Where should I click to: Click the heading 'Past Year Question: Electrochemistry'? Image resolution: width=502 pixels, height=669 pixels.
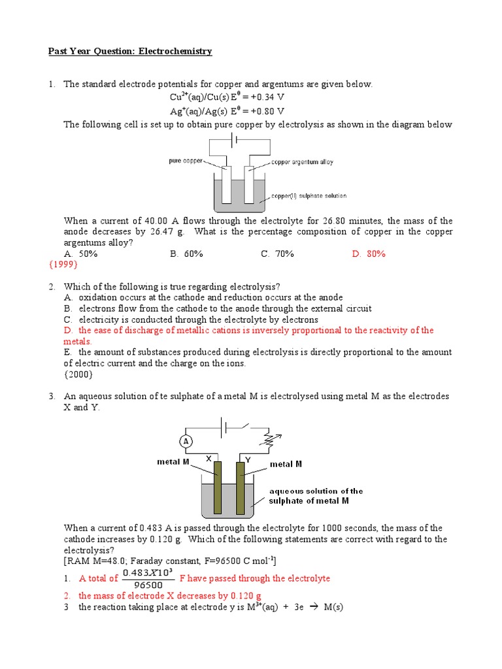tap(131, 51)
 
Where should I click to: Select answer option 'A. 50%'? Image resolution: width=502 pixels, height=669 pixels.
tap(80, 253)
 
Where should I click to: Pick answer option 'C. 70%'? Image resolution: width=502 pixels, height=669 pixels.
tap(277, 253)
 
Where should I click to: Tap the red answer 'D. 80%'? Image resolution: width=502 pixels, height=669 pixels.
tap(369, 253)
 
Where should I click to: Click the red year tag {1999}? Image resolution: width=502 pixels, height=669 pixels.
tap(63, 265)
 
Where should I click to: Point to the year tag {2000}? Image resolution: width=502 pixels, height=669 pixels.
tap(78, 374)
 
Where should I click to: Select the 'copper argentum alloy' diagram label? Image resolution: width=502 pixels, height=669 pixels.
tap(302, 162)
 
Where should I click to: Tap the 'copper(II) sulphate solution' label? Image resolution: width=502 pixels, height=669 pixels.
tap(309, 195)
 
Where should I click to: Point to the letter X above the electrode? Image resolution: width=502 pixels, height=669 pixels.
tap(209, 459)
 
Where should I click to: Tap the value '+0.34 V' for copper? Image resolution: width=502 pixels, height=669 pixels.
tap(263, 98)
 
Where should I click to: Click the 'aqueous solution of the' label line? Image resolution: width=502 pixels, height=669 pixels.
tap(316, 491)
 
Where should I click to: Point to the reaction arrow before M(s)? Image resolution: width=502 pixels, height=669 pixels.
tap(304, 607)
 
